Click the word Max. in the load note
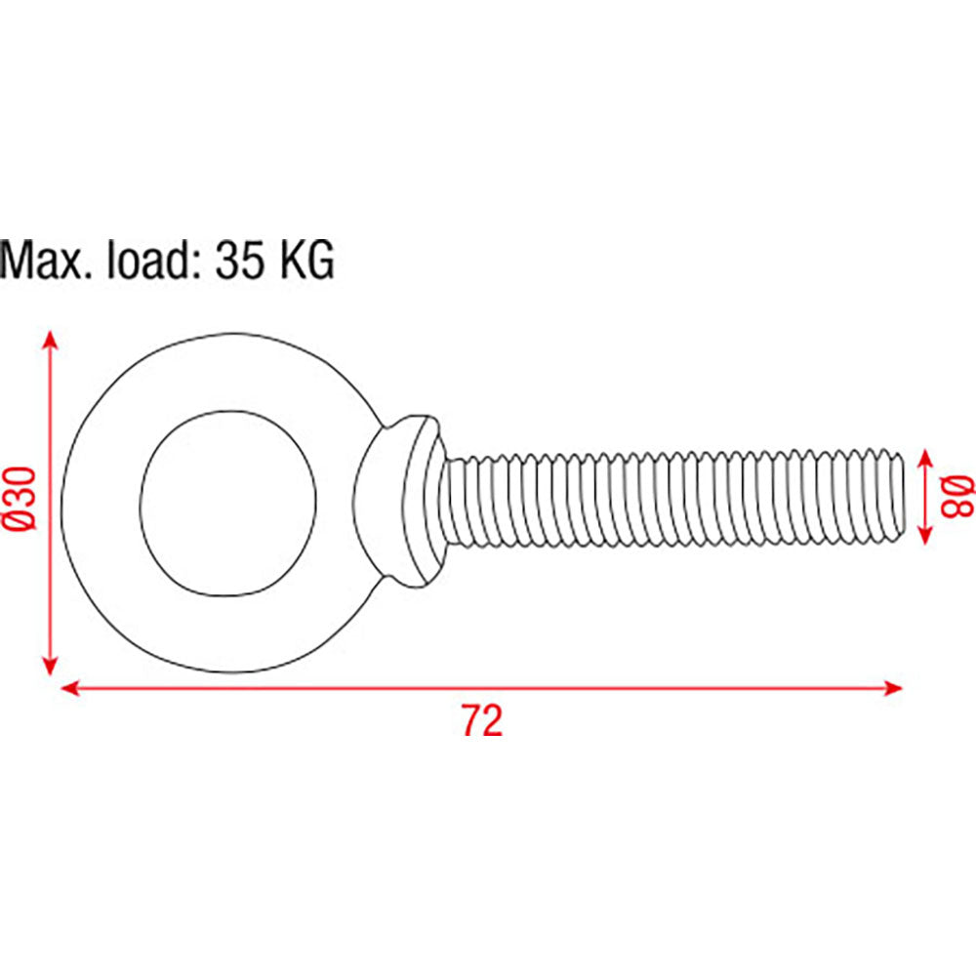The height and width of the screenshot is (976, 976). tap(49, 260)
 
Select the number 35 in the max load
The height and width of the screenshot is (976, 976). tap(238, 260)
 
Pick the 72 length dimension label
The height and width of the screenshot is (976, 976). tap(482, 720)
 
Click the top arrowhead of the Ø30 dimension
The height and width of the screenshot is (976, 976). tap(51, 341)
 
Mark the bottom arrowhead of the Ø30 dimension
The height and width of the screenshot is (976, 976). tap(51, 666)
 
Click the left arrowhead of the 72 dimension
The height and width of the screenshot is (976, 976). tap(69, 688)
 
